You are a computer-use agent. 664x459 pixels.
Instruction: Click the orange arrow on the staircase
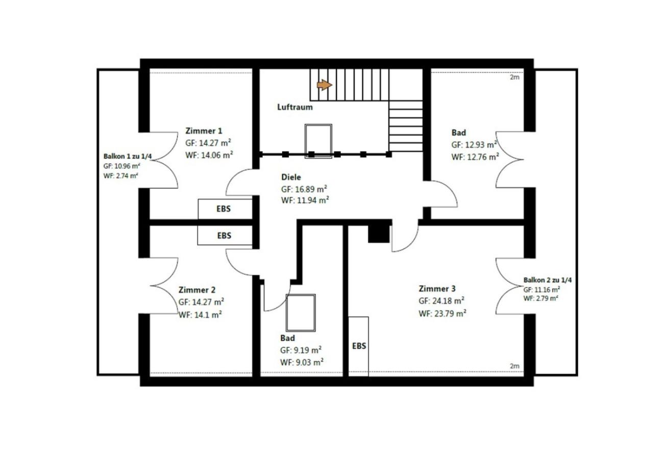pos(324,85)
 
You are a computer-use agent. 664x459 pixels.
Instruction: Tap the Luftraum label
pos(295,107)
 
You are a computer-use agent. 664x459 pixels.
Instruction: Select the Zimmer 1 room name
pos(204,131)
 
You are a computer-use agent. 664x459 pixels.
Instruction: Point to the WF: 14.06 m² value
pos(209,155)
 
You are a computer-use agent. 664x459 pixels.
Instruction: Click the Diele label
pos(291,177)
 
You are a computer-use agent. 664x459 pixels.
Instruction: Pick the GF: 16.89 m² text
pos(304,189)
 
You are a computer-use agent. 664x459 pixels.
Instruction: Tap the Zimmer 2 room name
pos(197,290)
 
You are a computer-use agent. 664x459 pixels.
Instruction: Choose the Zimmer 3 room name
pos(437,289)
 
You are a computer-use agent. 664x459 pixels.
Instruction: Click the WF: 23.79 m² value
pos(442,313)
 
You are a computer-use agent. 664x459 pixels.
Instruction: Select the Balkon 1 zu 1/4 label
pos(128,157)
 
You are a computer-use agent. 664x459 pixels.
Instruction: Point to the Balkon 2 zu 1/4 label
pos(548,280)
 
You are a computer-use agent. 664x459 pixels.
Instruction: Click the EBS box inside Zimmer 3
pos(358,346)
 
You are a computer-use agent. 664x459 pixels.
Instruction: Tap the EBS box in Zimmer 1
pos(225,209)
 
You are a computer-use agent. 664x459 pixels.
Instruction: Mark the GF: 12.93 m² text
pos(474,144)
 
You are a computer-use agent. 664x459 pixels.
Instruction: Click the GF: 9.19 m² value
pos(301,350)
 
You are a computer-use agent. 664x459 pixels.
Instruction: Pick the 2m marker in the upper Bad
pos(514,78)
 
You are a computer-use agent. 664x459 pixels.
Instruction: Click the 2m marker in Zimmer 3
pos(514,366)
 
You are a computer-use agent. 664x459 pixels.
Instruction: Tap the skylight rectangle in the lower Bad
pos(301,313)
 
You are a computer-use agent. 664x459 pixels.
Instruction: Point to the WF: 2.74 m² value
pos(120,175)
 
